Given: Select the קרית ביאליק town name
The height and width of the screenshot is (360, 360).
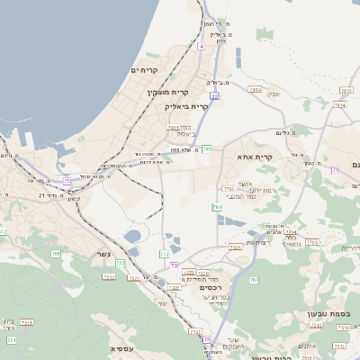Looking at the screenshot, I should pyautogui.click(x=186, y=105).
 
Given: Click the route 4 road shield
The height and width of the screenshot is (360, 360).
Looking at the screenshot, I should pyautogui.click(x=202, y=45).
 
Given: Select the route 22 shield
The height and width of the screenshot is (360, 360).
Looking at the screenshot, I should pyautogui.click(x=214, y=94).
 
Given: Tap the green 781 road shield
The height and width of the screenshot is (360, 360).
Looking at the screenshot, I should pyautogui.click(x=206, y=148).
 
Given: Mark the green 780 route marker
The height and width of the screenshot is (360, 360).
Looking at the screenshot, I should pyautogui.click(x=217, y=207).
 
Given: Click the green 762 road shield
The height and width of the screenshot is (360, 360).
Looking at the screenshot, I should pyautogui.click(x=228, y=188).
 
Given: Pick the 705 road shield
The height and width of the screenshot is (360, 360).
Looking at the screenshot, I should pyautogui.click(x=56, y=255).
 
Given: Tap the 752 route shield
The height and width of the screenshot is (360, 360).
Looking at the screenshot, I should pyautogui.click(x=121, y=262).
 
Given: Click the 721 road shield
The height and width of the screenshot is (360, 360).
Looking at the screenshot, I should pyautogui.click(x=12, y=340).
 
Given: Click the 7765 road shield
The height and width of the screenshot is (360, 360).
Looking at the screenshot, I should pyautogui.click(x=312, y=242).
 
